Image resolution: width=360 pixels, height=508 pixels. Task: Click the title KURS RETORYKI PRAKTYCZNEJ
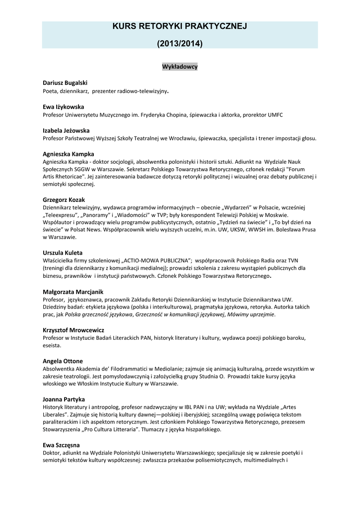[180, 26]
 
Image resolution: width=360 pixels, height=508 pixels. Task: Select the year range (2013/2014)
[180, 44]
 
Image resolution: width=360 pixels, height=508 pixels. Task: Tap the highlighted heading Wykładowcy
[180, 66]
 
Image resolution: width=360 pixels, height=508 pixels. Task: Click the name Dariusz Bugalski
[65, 83]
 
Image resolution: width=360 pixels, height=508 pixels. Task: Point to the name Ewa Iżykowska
[63, 107]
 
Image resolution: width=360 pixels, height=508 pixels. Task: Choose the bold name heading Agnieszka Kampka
[68, 154]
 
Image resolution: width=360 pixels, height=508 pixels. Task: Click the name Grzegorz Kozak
[64, 199]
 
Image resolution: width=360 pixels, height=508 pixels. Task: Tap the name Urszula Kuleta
[63, 253]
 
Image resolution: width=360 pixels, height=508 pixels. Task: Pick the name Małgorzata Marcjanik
[72, 292]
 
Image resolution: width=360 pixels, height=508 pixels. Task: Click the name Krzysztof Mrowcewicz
[73, 330]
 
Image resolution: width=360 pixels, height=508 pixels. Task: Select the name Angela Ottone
[63, 361]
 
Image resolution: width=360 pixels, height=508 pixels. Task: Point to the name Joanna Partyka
[64, 399]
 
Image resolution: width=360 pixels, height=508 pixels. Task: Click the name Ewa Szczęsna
[61, 445]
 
